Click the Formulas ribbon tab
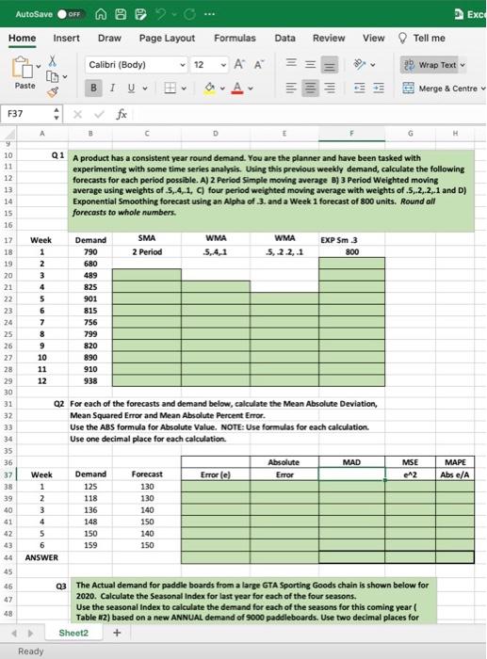(235, 38)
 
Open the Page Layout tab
(167, 38)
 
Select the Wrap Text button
(432, 65)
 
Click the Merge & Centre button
(442, 87)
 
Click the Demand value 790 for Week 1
(91, 252)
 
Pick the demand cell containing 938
(91, 380)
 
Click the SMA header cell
(147, 240)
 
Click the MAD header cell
(351, 462)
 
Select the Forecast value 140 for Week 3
(147, 509)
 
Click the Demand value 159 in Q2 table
(91, 545)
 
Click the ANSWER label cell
(41, 557)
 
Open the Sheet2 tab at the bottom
(73, 633)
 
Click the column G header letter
(411, 134)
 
